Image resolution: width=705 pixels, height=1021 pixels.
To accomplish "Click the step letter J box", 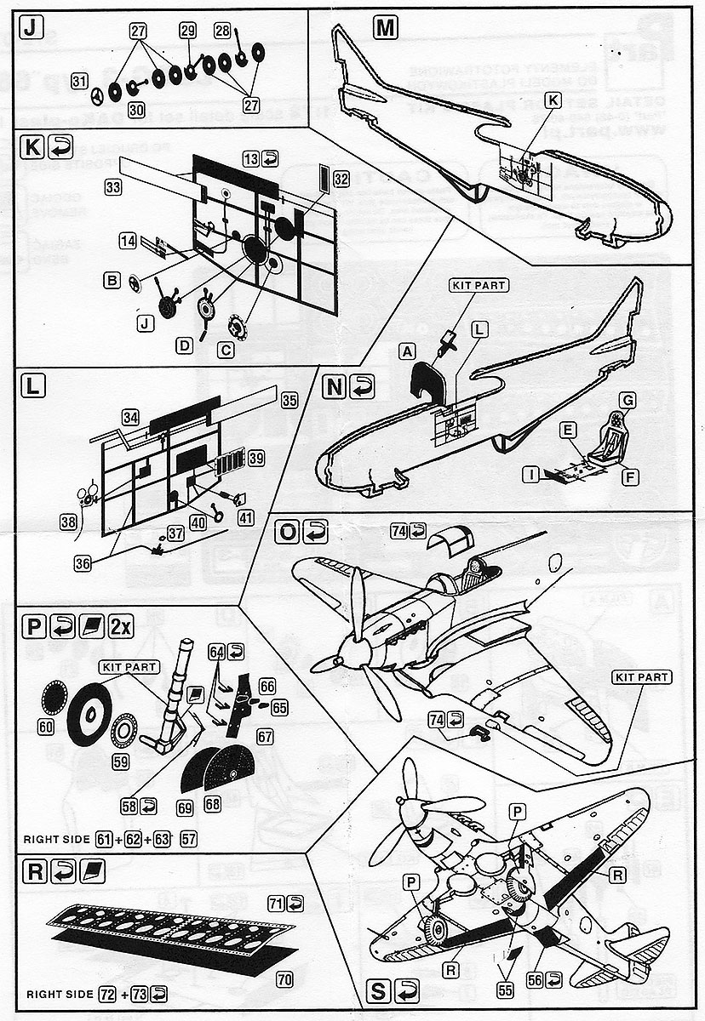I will (x=31, y=28).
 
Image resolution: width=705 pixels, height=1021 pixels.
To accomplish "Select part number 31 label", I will (x=79, y=82).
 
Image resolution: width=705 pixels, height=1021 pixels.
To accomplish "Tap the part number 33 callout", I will (x=112, y=188).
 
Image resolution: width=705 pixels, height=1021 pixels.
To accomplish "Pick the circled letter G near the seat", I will (x=628, y=398).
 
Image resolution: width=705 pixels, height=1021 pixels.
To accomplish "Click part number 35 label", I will (x=289, y=399).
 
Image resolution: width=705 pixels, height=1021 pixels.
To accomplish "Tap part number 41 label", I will (x=246, y=517).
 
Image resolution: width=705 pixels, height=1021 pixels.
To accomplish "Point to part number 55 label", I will (x=507, y=990).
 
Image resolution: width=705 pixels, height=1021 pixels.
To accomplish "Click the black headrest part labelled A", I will (x=431, y=379).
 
